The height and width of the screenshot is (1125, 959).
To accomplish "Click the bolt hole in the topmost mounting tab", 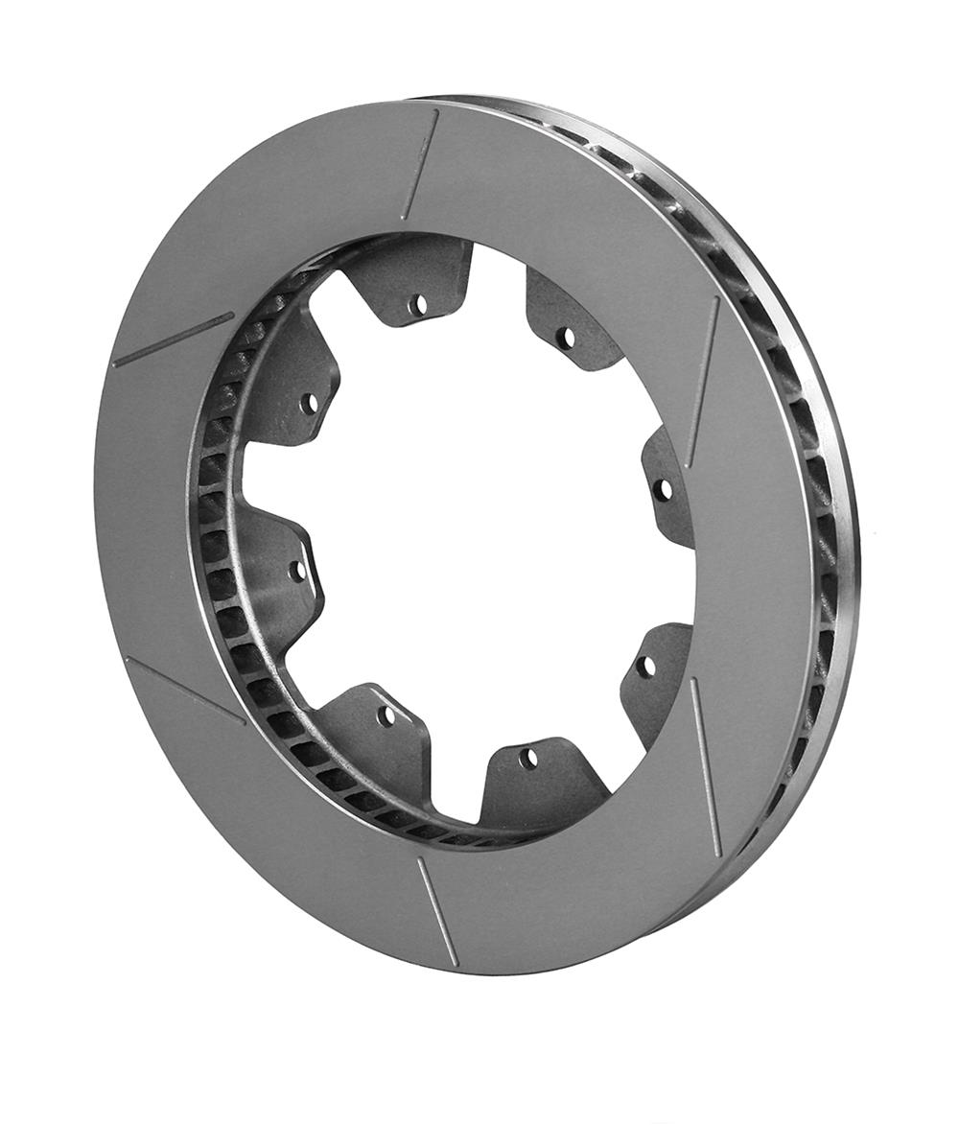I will (417, 306).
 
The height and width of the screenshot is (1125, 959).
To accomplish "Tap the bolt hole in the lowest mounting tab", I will (527, 758).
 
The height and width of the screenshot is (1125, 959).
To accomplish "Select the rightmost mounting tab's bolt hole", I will (662, 490).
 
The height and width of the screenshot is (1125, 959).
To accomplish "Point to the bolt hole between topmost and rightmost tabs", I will (565, 339).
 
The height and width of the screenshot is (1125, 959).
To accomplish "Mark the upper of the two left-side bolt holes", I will (309, 404).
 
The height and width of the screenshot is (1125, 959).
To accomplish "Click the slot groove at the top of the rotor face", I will (420, 164).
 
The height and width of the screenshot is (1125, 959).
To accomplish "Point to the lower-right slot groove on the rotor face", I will (706, 767).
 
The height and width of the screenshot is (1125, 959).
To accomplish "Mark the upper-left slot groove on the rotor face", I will (173, 340).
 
